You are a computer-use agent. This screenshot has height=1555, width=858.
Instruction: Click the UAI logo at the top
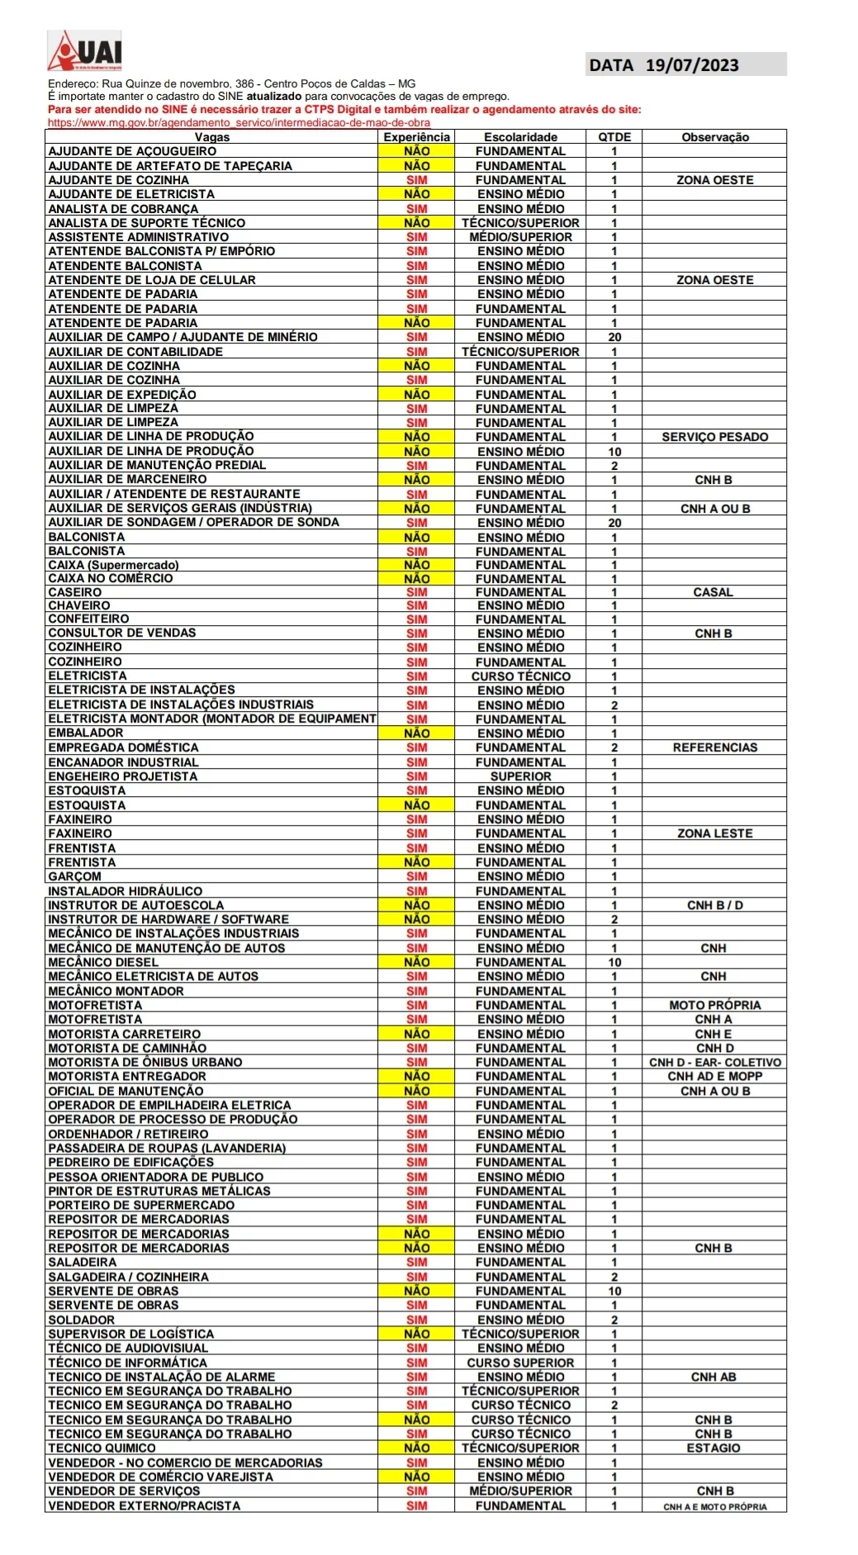pyautogui.click(x=84, y=51)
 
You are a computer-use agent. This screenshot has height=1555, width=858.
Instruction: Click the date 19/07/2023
pyautogui.click(x=691, y=65)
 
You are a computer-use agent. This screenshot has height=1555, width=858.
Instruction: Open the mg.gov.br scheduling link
pyautogui.click(x=239, y=122)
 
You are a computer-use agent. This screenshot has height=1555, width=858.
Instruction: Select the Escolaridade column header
pyautogui.click(x=520, y=137)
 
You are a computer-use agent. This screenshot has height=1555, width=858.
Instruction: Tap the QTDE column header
pyautogui.click(x=614, y=137)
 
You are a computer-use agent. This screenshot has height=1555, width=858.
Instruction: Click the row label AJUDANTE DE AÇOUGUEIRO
pyautogui.click(x=132, y=151)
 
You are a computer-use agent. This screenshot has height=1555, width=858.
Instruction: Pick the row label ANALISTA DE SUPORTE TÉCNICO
pyautogui.click(x=146, y=223)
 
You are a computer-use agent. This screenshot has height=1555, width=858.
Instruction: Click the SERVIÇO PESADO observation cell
pyautogui.click(x=714, y=437)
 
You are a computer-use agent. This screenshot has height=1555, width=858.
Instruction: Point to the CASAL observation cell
pyautogui.click(x=713, y=592)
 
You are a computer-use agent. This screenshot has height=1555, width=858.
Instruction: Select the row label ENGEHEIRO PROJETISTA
pyautogui.click(x=122, y=776)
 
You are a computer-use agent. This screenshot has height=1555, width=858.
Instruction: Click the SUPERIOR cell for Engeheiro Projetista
pyautogui.click(x=520, y=776)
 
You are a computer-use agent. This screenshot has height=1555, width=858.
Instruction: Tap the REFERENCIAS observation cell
pyautogui.click(x=714, y=747)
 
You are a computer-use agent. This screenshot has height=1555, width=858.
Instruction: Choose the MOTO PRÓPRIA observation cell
pyautogui.click(x=714, y=1005)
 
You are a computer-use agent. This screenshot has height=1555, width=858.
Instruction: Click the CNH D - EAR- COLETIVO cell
pyautogui.click(x=714, y=1062)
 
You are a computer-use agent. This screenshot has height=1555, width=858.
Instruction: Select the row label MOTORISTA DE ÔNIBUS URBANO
pyautogui.click(x=145, y=1062)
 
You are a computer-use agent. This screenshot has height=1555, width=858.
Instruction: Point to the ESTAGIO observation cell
pyautogui.click(x=713, y=1448)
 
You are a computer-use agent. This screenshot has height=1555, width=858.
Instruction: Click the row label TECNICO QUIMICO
pyautogui.click(x=102, y=1448)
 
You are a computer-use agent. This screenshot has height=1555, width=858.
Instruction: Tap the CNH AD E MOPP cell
pyautogui.click(x=714, y=1076)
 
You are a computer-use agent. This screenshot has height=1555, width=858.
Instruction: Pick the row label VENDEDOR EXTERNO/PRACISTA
pyautogui.click(x=144, y=1505)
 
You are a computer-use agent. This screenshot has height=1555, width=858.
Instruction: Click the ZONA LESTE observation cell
pyautogui.click(x=714, y=833)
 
